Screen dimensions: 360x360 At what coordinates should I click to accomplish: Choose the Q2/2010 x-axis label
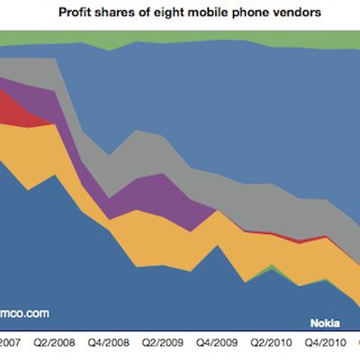273,342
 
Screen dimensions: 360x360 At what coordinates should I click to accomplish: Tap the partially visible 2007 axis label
11,342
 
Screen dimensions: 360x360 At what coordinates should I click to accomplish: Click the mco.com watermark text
24,314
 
